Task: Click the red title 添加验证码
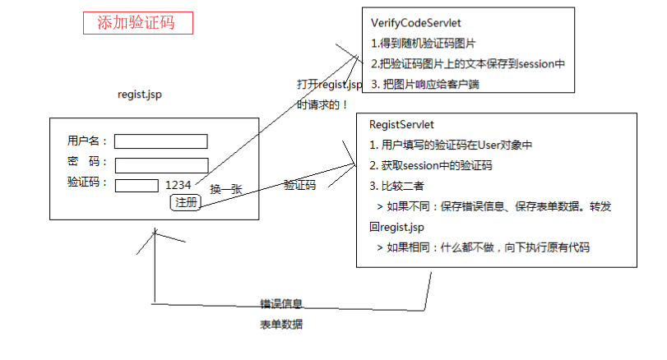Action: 137,22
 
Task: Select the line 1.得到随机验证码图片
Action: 424,43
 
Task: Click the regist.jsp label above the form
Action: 140,95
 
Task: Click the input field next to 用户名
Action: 161,141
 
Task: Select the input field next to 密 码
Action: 161,165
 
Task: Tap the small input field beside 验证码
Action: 137,185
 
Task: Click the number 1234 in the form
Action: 178,185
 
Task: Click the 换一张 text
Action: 226,189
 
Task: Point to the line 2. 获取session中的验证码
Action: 431,165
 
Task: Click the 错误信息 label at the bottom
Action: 281,304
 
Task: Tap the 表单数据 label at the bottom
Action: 281,325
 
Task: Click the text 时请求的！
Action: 322,104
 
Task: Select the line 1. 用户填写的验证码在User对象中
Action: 452,145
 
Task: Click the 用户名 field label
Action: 88,141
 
